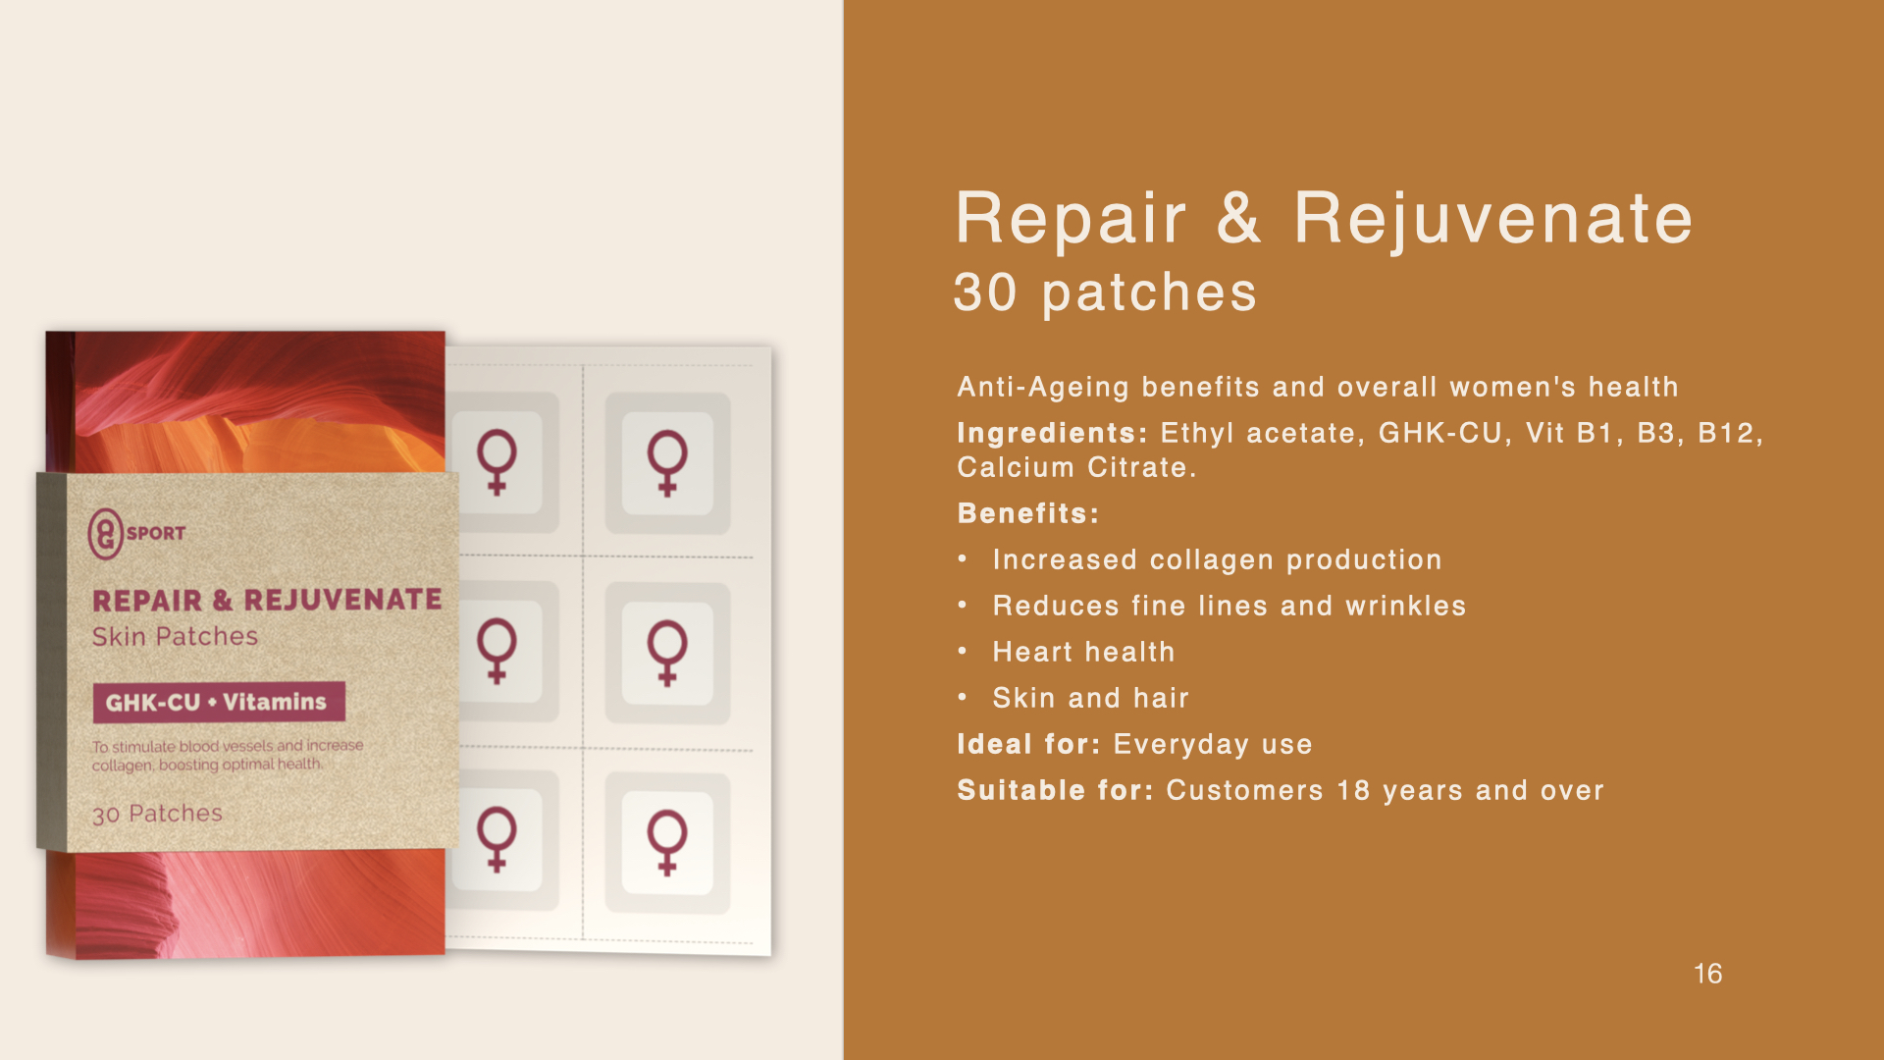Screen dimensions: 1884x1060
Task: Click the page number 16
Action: (1707, 974)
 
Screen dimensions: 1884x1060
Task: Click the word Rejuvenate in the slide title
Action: (1493, 218)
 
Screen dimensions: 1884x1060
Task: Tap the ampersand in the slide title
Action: (1239, 218)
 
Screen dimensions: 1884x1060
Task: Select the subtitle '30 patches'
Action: (1105, 292)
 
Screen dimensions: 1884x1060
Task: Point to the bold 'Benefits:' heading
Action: (1028, 513)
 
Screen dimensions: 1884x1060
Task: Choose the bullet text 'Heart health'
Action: (1083, 652)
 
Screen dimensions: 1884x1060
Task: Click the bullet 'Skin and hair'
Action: (1090, 698)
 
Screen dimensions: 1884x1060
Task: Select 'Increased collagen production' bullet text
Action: (1217, 559)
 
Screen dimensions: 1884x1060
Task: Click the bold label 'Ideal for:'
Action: (1029, 744)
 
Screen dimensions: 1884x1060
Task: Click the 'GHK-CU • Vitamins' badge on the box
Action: (219, 702)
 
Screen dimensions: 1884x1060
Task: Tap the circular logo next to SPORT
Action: (105, 534)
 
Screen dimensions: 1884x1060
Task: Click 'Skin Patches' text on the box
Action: (175, 637)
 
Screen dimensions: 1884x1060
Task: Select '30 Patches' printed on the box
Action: (157, 814)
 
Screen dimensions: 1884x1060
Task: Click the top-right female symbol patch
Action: (667, 462)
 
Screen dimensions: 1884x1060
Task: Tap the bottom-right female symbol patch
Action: (667, 842)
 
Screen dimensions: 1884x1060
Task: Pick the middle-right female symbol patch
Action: (667, 653)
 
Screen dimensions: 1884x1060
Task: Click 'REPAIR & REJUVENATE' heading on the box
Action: (267, 600)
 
